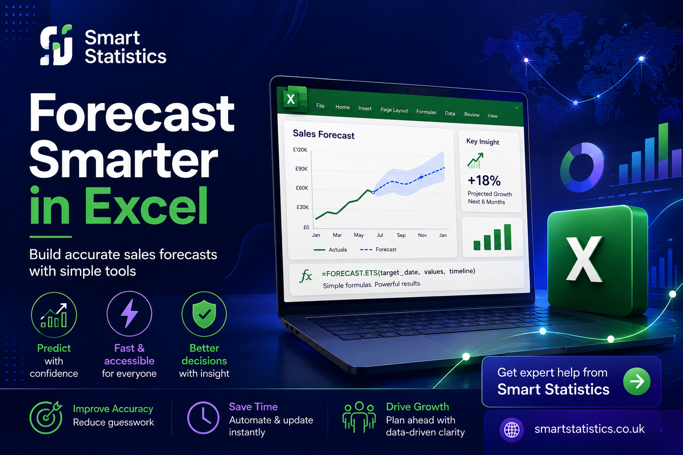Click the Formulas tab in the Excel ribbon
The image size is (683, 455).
[426, 112]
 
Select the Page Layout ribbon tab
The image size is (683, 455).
[394, 110]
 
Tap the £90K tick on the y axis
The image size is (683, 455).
[301, 168]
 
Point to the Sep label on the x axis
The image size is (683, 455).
[401, 235]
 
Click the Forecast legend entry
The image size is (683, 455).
[378, 249]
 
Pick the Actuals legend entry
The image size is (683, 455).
[330, 250]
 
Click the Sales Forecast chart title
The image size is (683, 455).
[324, 134]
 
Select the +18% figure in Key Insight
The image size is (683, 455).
[484, 180]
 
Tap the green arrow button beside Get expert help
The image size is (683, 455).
[637, 381]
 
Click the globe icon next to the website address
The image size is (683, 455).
[512, 430]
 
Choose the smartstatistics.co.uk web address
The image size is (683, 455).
[589, 429]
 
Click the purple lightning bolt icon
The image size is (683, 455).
[129, 313]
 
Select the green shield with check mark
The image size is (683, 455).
[204, 314]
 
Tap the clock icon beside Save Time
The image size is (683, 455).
[203, 418]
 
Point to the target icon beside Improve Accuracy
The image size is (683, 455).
[46, 417]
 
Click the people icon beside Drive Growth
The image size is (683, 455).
[359, 417]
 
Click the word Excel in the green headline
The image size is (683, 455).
[146, 206]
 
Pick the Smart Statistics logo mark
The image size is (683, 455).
[56, 45]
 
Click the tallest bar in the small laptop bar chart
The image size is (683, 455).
[508, 237]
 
